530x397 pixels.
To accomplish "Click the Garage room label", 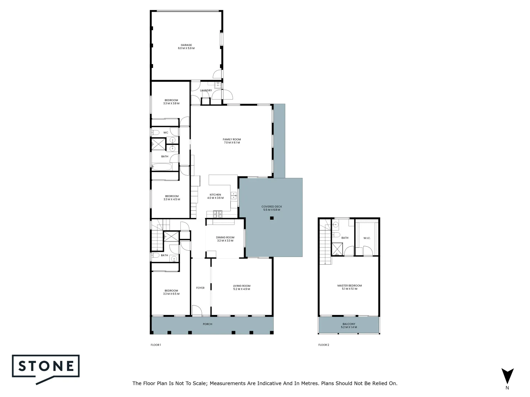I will point(186,47).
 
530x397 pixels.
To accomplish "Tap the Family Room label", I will point(232,141).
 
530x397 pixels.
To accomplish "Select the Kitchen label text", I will point(215,196).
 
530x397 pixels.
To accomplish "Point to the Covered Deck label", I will point(272,208).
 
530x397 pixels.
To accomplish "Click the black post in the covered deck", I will point(272,218).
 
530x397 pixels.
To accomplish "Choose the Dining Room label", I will point(225,239).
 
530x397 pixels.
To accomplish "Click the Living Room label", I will point(241,287).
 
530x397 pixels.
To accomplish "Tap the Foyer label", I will point(200,288).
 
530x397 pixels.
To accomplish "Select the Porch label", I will point(208,324).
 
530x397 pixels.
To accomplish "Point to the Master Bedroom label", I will point(349,287).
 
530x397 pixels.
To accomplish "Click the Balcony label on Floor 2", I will point(349,326).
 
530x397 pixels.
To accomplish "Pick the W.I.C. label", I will point(367,238).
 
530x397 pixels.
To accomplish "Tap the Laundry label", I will point(206,90).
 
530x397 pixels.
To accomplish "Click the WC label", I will point(166,133).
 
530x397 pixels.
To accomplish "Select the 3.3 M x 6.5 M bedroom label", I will point(171,292).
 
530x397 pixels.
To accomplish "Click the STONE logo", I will point(46,367).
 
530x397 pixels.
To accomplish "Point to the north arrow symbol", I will point(508,376).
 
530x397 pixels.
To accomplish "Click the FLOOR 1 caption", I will point(156,345).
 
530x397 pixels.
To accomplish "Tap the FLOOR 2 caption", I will point(324,345).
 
